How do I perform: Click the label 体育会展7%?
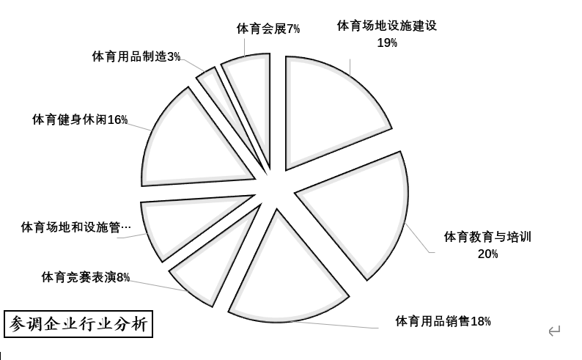(x=268, y=29)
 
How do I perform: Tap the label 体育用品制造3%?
(x=136, y=56)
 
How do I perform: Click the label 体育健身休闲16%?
(x=79, y=120)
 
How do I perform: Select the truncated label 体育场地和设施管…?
(x=75, y=227)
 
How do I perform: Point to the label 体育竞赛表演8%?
(x=85, y=277)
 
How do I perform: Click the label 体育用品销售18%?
(x=443, y=321)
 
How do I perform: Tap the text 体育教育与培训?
(x=487, y=237)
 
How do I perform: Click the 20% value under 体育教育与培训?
(x=487, y=254)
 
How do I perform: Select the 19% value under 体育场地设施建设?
(x=387, y=43)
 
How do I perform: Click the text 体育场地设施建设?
(x=387, y=26)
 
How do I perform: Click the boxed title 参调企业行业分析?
(x=78, y=323)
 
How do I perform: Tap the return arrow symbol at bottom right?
(x=554, y=331)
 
